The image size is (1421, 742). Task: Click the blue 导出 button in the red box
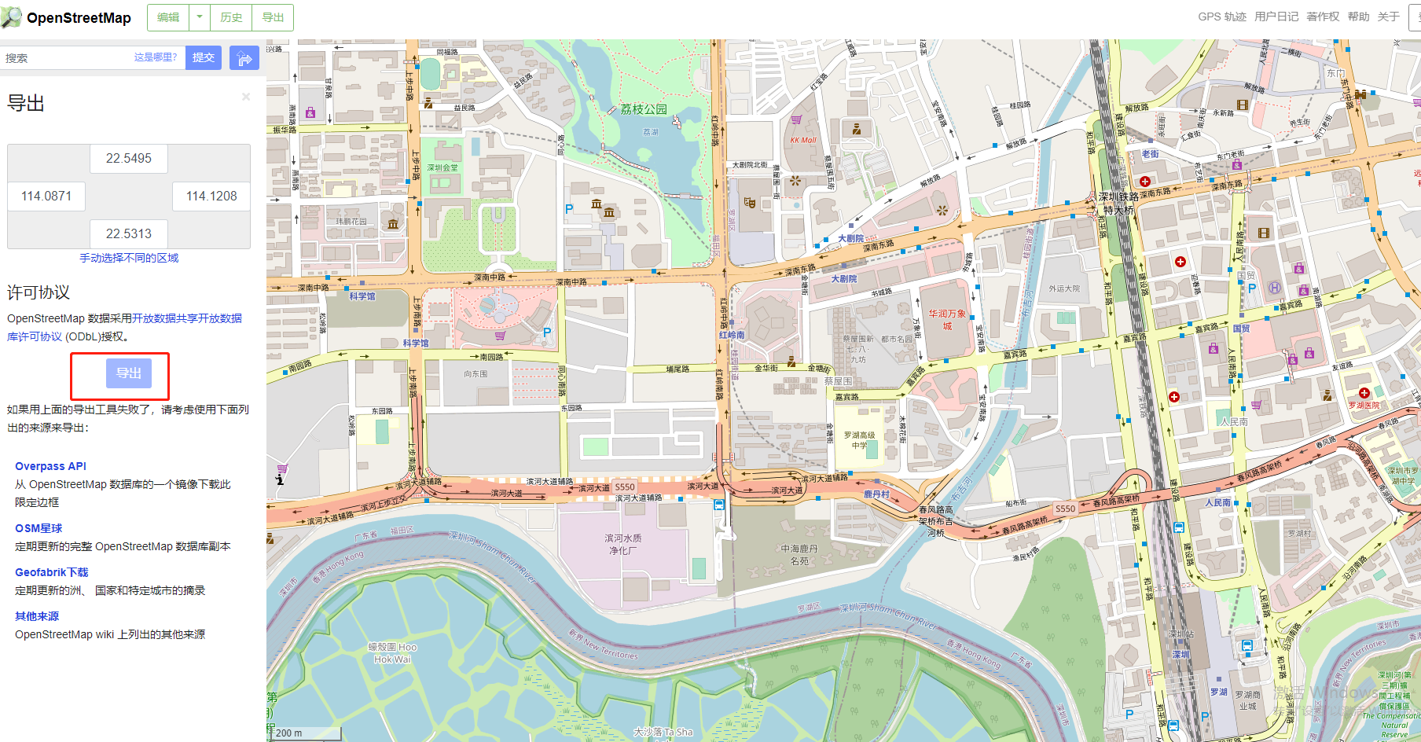[128, 373]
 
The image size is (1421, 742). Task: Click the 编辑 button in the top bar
[168, 17]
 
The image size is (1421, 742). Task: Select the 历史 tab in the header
[231, 17]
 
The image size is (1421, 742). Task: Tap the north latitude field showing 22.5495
[129, 159]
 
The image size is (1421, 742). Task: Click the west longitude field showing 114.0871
[46, 197]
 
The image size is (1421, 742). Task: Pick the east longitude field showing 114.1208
[211, 197]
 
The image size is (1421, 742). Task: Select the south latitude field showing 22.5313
[129, 234]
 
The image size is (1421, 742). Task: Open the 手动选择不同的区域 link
[129, 258]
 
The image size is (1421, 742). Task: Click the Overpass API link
[50, 466]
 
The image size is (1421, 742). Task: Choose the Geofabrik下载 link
[51, 572]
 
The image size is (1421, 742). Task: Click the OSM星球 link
[39, 528]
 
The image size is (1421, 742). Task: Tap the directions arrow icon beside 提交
[244, 58]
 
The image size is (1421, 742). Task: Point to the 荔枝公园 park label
[644, 109]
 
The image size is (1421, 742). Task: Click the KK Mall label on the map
[803, 141]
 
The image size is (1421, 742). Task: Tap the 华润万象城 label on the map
[947, 319]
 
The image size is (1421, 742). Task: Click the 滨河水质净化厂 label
[623, 544]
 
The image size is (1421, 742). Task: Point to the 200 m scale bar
[307, 733]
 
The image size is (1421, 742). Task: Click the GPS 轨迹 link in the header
[1221, 17]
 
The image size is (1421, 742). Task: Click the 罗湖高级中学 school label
[859, 439]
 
